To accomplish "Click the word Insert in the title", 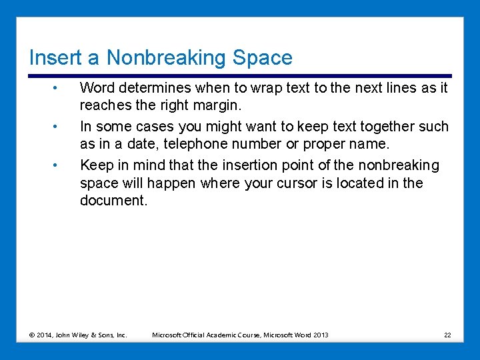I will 50,58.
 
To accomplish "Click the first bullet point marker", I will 59,87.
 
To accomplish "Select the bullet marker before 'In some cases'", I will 59,126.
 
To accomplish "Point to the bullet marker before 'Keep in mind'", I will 59,165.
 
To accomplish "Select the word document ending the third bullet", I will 113,201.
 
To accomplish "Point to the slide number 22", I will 447,335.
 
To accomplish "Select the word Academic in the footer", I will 225,335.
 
